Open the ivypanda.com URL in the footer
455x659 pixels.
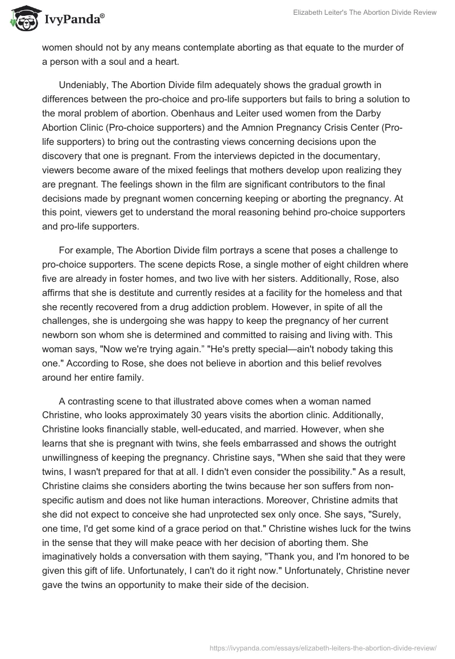(x=323, y=647)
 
